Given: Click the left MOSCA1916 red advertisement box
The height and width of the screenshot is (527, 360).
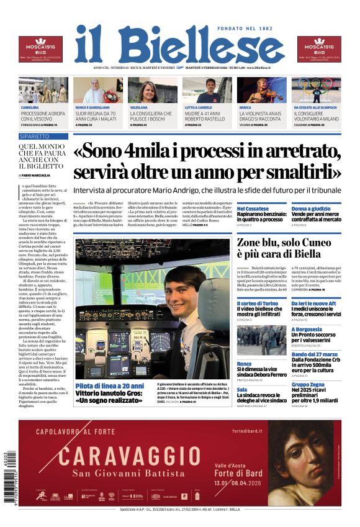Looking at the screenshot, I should [x=40, y=50].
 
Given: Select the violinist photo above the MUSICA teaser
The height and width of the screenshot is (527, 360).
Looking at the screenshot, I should [x=261, y=90].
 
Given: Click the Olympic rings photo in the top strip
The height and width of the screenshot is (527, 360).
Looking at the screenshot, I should [x=317, y=90].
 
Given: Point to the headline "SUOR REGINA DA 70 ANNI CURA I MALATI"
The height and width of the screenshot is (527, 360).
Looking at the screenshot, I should [x=96, y=117].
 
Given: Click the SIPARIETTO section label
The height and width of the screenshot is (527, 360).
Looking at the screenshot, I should [x=35, y=136].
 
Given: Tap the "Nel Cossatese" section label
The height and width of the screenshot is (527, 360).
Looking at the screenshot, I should [x=253, y=209].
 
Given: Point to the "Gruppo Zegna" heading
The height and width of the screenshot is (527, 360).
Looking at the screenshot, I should [x=309, y=385].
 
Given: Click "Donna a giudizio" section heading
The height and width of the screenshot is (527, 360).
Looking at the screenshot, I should [x=311, y=209].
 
